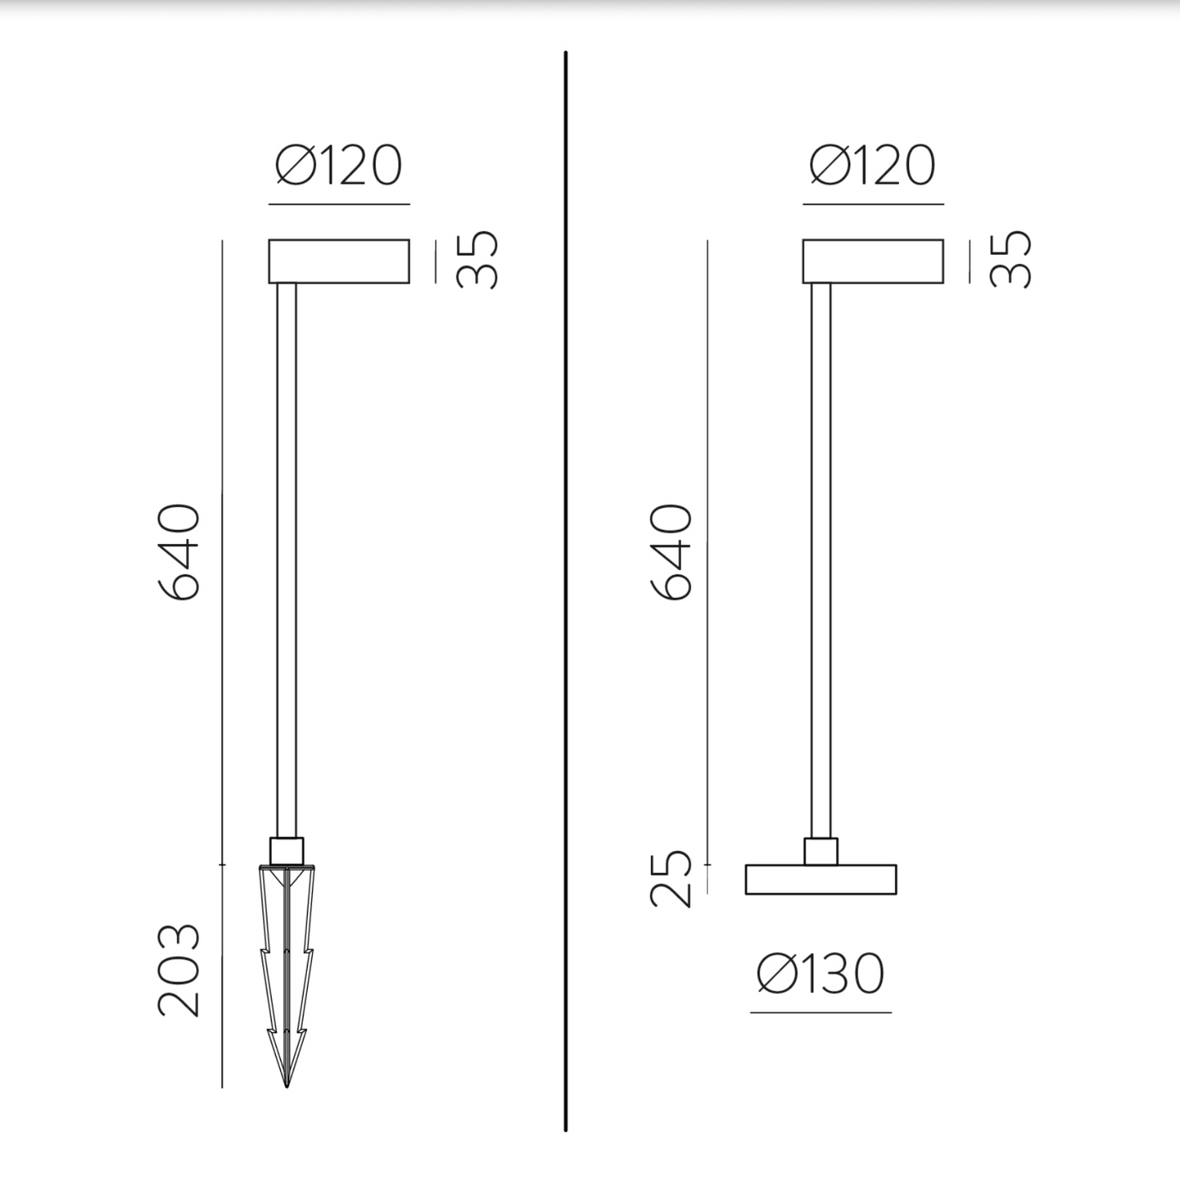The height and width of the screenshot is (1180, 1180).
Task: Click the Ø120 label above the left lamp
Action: [x=339, y=165]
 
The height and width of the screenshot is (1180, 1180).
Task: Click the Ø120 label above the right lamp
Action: [x=873, y=165]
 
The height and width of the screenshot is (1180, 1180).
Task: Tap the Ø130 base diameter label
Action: [x=821, y=973]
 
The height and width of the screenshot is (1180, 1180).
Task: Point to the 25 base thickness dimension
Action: [x=670, y=879]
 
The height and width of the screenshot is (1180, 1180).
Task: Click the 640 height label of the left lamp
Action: [x=179, y=552]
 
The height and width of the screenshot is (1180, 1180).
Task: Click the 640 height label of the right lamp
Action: [x=670, y=552]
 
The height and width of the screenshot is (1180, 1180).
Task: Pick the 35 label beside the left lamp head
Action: [x=477, y=260]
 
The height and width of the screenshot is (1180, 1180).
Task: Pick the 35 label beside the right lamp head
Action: [x=1010, y=260]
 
